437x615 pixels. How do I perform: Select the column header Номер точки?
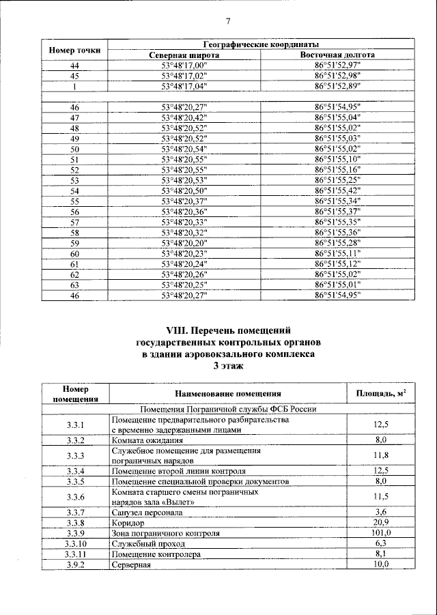(x=74, y=50)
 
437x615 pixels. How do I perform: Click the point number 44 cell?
(x=74, y=66)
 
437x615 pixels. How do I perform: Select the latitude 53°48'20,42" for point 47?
(x=184, y=117)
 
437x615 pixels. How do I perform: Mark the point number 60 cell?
(x=74, y=254)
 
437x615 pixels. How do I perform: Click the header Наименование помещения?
(x=228, y=394)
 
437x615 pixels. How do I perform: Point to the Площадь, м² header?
(x=382, y=394)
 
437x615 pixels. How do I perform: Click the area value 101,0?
(x=382, y=532)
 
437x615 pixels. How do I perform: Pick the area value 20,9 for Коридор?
(x=382, y=522)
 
